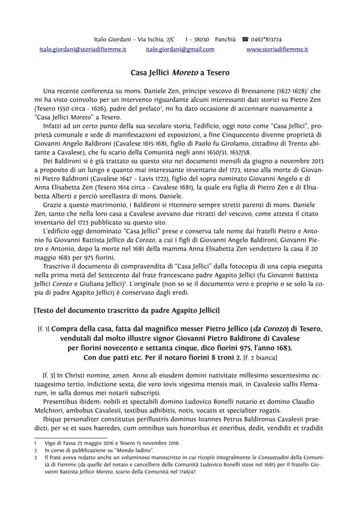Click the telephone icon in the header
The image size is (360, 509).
(245, 37)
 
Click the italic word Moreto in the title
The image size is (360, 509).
(185, 70)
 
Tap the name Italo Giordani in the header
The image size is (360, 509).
(113, 37)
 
